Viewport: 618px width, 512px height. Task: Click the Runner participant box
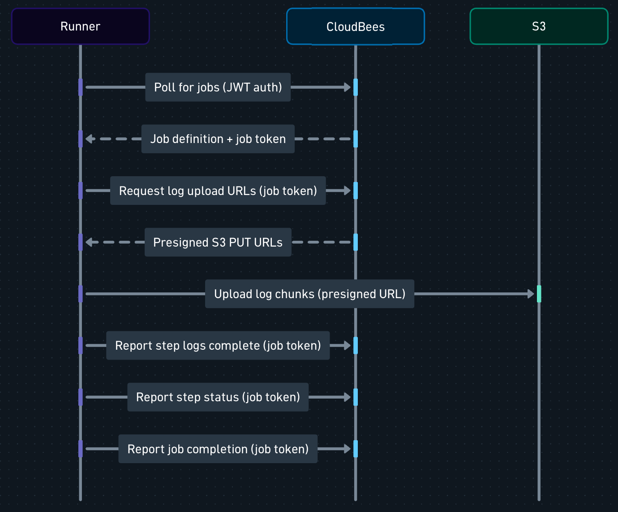point(81,26)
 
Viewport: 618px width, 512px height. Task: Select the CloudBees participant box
point(356,26)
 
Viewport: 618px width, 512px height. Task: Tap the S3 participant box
point(539,26)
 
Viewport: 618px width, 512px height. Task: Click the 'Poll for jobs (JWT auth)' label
point(218,87)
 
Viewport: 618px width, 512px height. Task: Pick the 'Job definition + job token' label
point(218,139)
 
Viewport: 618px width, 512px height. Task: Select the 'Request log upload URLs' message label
point(218,191)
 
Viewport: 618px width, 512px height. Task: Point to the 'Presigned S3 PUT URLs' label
point(218,242)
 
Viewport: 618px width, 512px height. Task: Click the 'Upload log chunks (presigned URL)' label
point(309,294)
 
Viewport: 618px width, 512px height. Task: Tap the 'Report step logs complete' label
point(218,346)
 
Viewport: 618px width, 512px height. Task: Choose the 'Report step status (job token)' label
point(218,397)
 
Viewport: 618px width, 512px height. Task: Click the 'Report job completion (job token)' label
point(218,449)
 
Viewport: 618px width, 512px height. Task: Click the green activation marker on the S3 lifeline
point(539,294)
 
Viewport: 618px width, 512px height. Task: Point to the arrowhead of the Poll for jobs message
point(348,87)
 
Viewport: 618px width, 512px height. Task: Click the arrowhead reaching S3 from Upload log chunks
point(531,294)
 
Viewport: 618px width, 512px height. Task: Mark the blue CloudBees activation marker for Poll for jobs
point(356,87)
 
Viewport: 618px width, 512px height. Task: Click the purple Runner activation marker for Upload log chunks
point(81,294)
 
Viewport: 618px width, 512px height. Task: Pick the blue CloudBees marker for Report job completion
point(356,449)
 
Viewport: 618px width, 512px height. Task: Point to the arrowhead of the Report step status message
point(348,397)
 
